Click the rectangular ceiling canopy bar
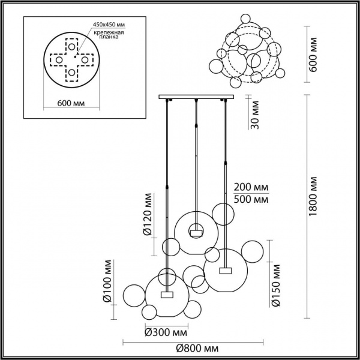pos(195,97)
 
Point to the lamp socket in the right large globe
pos(225,270)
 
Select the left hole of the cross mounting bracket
pos(58,60)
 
